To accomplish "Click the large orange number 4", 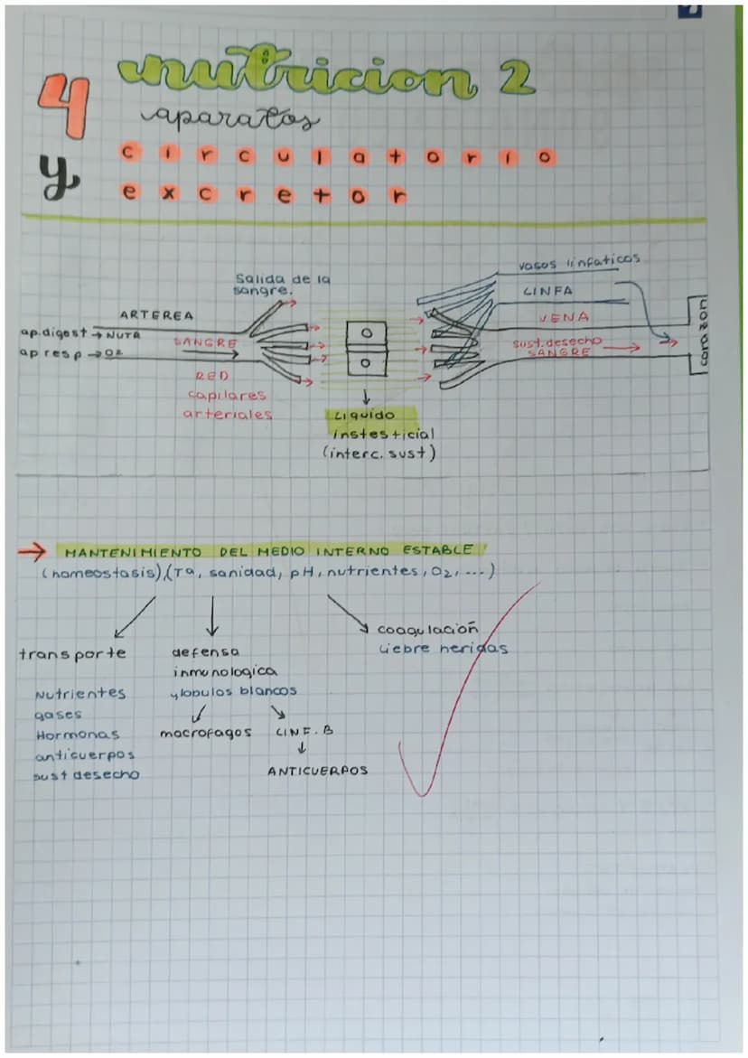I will [63, 107].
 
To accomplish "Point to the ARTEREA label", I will [156, 315].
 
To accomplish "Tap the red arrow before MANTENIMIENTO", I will [33, 550].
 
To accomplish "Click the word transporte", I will [72, 653].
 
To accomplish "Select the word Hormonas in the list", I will [78, 735].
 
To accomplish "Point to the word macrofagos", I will [205, 733].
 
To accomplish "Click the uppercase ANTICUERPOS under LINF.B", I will [317, 771].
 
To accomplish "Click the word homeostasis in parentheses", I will [98, 573].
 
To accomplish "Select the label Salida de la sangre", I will [281, 285].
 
